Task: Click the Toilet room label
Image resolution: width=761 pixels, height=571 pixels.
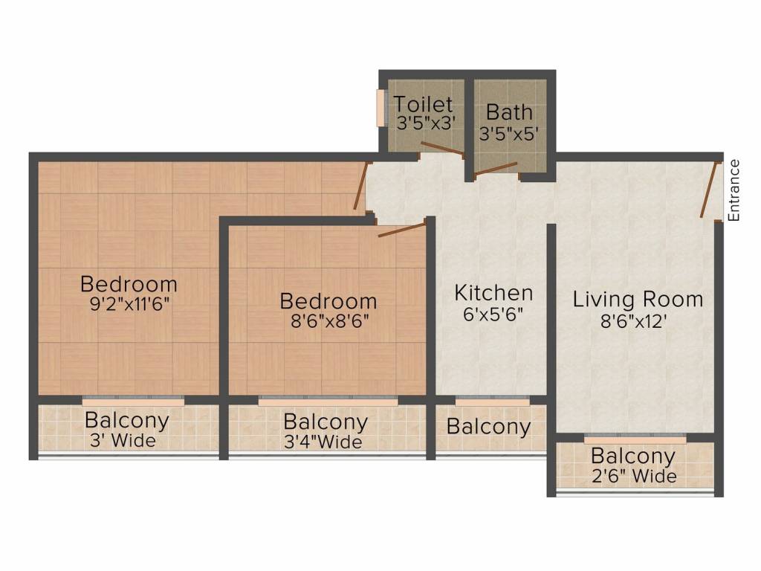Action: [423, 104]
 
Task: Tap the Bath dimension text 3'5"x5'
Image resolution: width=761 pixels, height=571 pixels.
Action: [508, 133]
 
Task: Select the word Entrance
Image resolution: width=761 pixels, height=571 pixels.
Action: [734, 190]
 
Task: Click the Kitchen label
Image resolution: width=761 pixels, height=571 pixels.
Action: [493, 293]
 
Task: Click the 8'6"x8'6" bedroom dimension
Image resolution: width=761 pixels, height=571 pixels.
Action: [329, 321]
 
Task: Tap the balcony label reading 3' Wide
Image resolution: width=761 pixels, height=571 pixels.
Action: [123, 440]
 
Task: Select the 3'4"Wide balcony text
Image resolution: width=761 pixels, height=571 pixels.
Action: [323, 442]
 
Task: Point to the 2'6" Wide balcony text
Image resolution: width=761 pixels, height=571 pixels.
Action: [634, 476]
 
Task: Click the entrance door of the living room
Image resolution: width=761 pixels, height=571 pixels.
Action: [709, 190]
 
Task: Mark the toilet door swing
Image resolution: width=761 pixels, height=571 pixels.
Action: [441, 149]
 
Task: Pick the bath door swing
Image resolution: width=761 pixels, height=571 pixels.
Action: [496, 168]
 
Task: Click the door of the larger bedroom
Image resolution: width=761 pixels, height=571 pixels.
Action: [360, 186]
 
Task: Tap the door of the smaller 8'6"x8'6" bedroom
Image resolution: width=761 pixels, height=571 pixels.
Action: [402, 229]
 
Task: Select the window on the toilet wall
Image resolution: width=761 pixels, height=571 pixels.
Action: [380, 108]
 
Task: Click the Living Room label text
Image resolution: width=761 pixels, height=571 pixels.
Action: [638, 299]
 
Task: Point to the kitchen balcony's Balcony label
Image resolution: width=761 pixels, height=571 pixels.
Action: [488, 426]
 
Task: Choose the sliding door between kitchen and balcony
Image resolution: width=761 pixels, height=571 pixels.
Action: [492, 401]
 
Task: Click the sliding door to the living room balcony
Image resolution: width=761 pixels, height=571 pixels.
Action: [635, 439]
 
